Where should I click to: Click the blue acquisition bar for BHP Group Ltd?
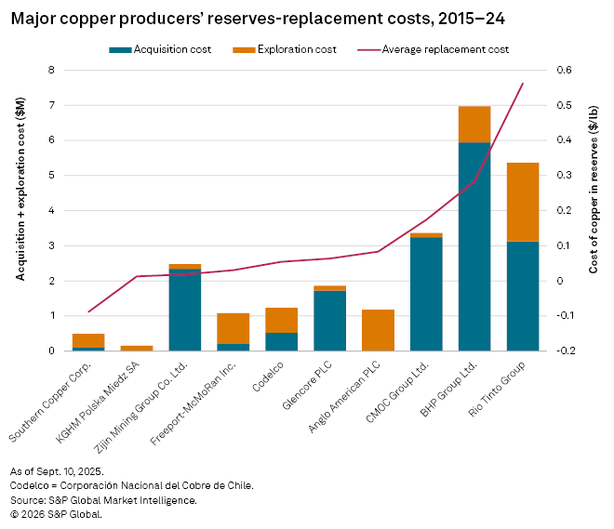474,246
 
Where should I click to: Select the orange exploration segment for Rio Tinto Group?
523,202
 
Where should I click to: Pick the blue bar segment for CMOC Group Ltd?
426,294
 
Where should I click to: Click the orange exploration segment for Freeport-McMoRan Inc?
233,328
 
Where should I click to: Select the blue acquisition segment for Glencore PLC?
329,321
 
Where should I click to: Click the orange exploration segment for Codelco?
281,320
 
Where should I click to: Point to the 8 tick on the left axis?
53,71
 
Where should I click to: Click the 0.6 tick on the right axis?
565,71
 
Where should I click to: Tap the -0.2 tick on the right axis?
563,351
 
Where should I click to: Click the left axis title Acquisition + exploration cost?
20,210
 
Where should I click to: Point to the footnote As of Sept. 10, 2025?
58,472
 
